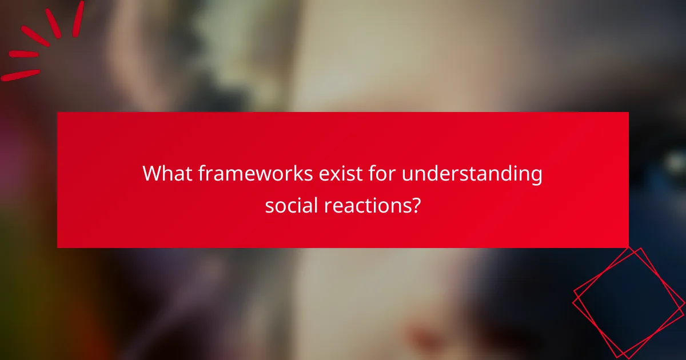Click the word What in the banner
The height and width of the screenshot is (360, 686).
click(x=167, y=173)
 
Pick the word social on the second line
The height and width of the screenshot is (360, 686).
click(x=292, y=205)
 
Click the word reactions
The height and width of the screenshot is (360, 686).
click(x=366, y=205)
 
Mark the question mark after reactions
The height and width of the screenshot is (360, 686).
click(x=416, y=205)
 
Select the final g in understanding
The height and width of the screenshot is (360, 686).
click(x=536, y=176)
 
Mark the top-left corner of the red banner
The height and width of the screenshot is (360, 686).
click(x=58, y=113)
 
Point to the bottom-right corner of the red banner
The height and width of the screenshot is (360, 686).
click(x=628, y=247)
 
